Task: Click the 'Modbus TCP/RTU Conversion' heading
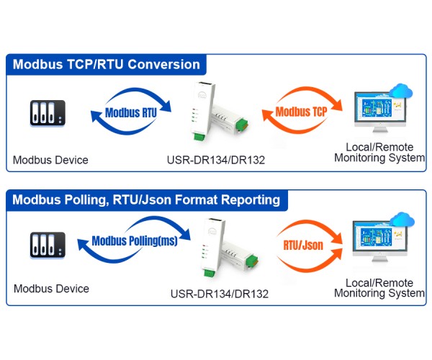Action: click(x=107, y=64)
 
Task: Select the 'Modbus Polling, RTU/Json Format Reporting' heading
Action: click(x=146, y=199)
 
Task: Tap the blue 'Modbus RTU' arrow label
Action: click(x=131, y=112)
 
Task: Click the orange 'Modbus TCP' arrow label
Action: click(x=301, y=112)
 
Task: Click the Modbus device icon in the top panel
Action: click(x=48, y=114)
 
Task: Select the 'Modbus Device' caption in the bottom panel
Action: click(x=51, y=289)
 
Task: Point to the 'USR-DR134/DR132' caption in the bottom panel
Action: click(x=219, y=294)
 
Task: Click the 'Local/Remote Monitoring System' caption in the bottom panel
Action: click(x=379, y=288)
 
